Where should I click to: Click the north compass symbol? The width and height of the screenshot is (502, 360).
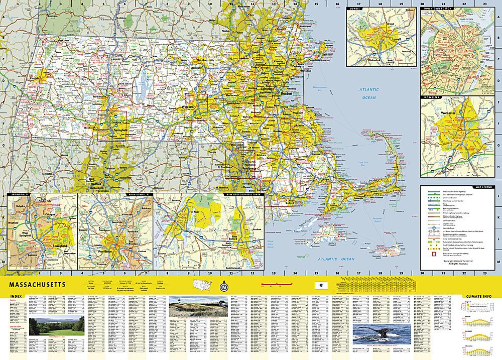(x=223, y=288)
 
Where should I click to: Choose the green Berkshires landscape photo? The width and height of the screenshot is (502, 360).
(x=55, y=325)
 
